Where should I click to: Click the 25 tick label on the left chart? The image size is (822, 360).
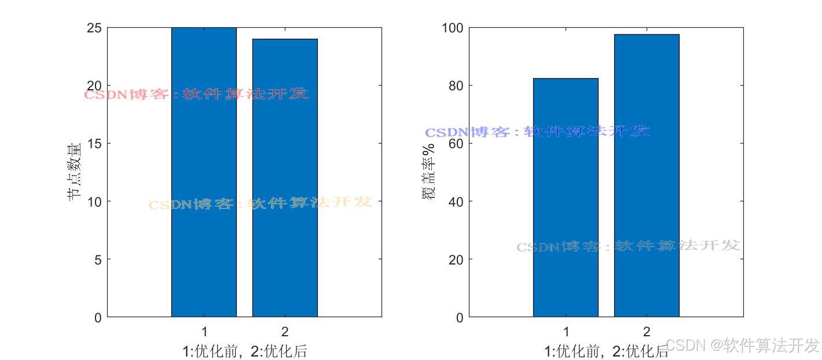coord(94,28)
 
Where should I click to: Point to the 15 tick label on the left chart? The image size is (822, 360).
coord(94,144)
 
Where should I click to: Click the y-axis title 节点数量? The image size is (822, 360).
coord(74,172)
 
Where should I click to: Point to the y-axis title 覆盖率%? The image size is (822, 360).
coord(428,172)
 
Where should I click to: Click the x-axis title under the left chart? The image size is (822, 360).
coord(244,351)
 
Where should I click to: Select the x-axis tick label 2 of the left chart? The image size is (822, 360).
coord(285,332)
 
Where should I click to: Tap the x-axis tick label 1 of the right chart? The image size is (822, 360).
coord(566,332)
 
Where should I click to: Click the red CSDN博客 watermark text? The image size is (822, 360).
coord(197,94)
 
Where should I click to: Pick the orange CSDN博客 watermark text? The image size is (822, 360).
coord(260,203)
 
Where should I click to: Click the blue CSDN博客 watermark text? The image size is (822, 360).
coord(537,131)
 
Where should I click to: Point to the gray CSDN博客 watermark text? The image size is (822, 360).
coord(628,246)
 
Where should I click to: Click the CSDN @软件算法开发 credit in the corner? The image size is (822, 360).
coord(743,346)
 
